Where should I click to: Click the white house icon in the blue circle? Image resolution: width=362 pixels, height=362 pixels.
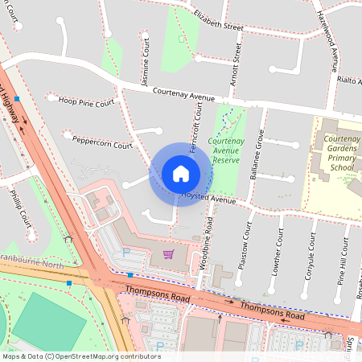(180, 174)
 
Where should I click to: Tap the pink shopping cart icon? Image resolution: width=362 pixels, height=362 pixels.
(168, 254)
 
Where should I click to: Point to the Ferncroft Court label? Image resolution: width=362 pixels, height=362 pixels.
(195, 129)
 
